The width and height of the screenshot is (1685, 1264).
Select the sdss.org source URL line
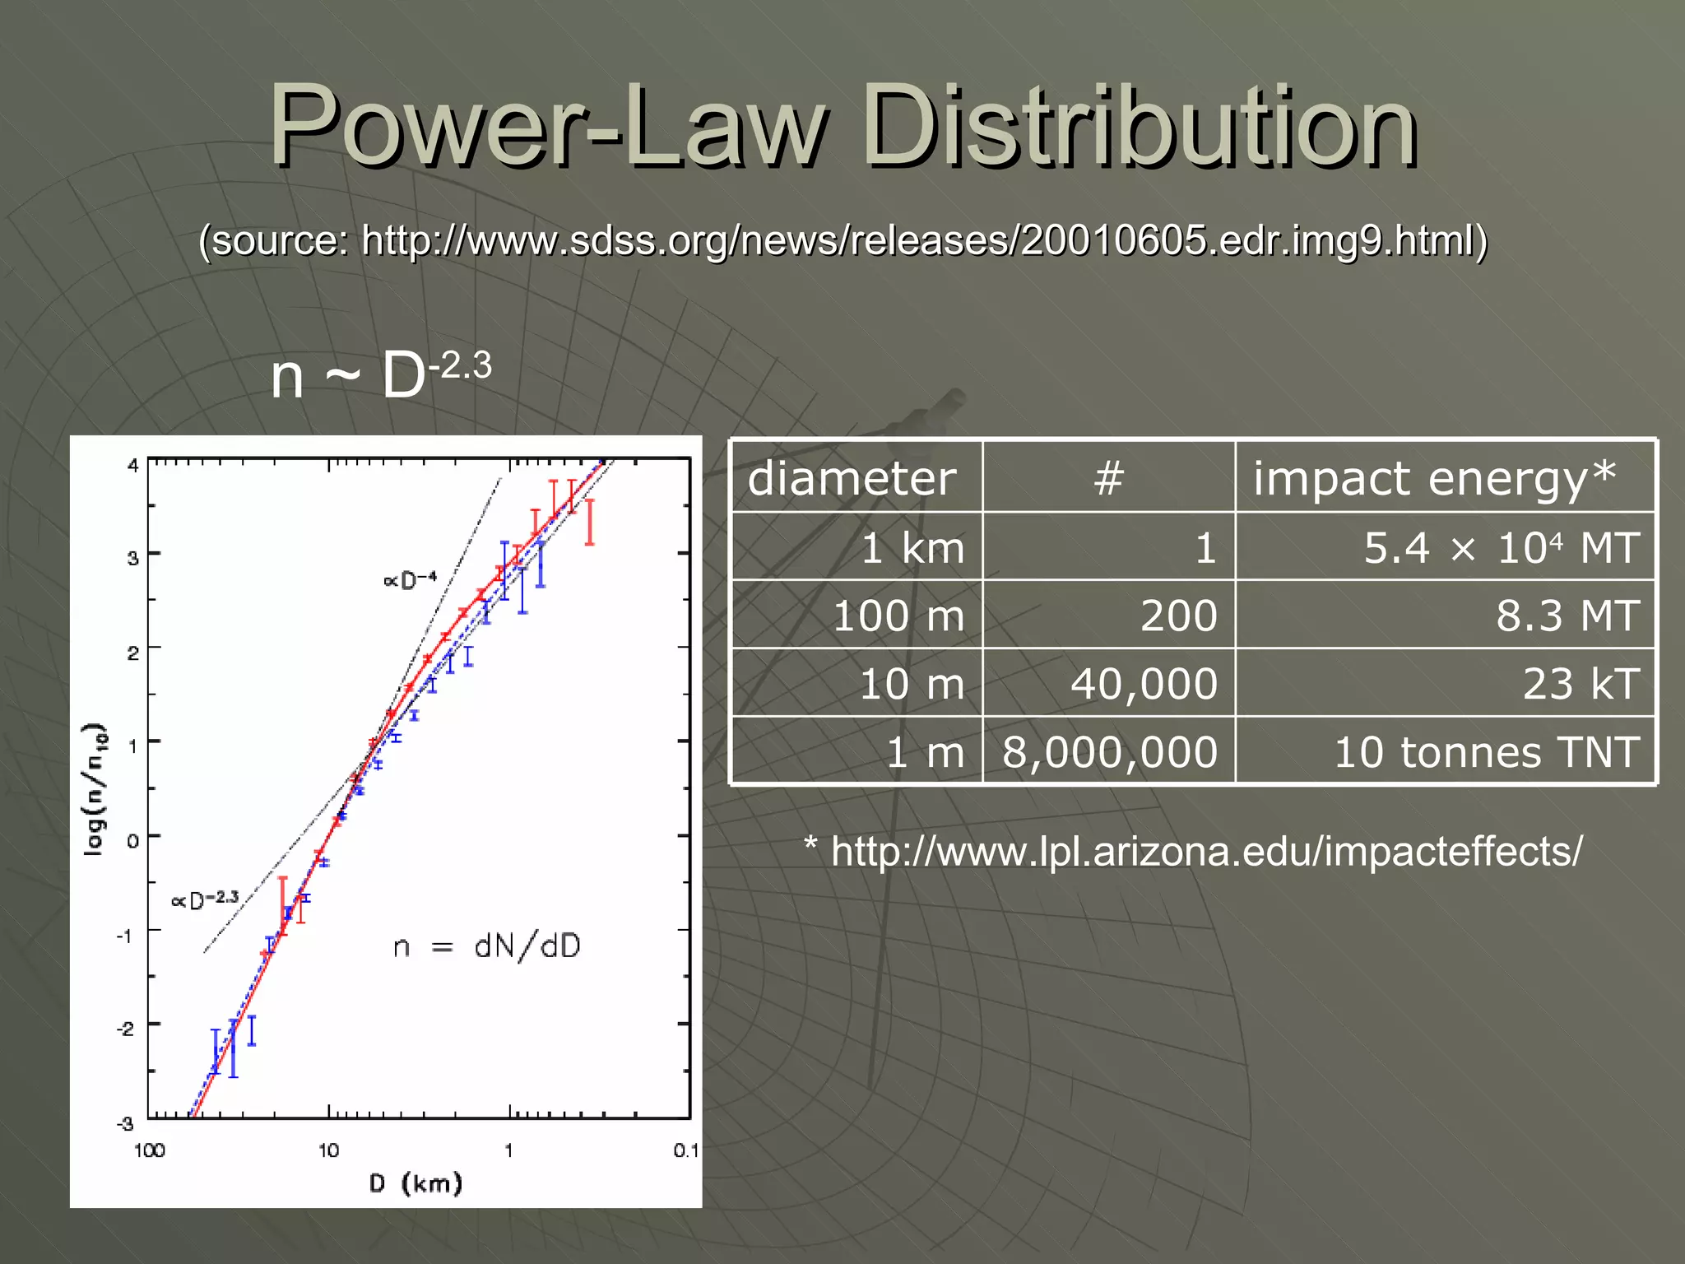pyautogui.click(x=842, y=240)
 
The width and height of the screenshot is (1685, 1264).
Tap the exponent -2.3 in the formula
pyautogui.click(x=461, y=365)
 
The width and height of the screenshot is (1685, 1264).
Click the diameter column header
pyautogui.click(x=852, y=478)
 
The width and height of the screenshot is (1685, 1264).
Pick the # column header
pyautogui.click(x=1108, y=478)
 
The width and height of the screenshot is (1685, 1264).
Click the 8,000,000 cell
pyautogui.click(x=1109, y=752)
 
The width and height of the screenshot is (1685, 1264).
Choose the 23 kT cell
pyautogui.click(x=1581, y=684)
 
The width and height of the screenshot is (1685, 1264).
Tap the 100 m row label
pyautogui.click(x=898, y=616)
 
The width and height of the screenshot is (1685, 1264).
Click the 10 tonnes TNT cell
pyautogui.click(x=1486, y=752)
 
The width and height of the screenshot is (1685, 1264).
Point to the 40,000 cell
pyautogui.click(x=1144, y=684)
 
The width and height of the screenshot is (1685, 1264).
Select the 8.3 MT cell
pyautogui.click(x=1567, y=616)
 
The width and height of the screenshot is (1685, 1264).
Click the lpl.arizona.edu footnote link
pyautogui.click(x=1205, y=851)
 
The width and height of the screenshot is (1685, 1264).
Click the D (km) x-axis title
pyautogui.click(x=415, y=1183)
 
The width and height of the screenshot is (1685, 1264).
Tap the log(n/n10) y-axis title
pyautogui.click(x=95, y=790)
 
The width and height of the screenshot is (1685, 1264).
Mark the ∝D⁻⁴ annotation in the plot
pyautogui.click(x=410, y=580)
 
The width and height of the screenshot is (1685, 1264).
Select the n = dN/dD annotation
pyautogui.click(x=486, y=946)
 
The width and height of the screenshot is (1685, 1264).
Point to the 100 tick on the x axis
pyautogui.click(x=149, y=1150)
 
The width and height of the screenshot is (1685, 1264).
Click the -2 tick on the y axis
pyautogui.click(x=125, y=1029)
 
